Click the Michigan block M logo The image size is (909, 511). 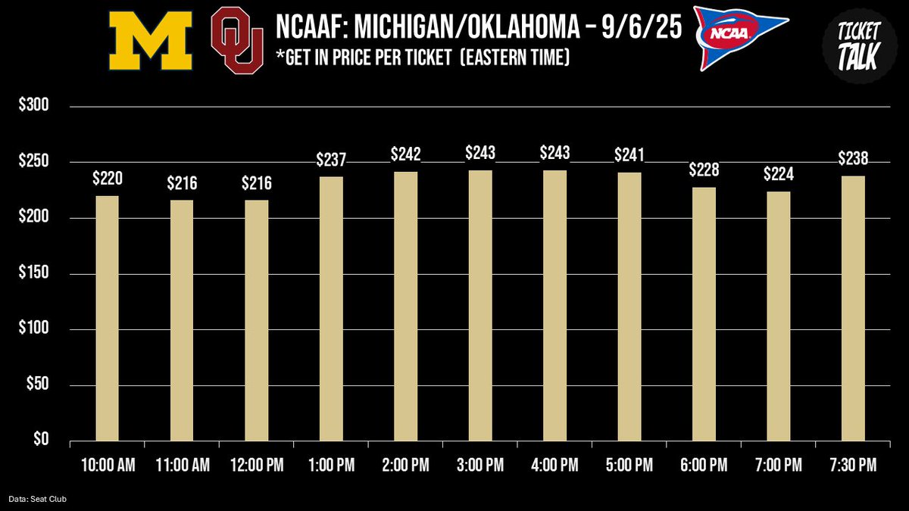150,42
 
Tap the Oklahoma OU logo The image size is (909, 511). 237,42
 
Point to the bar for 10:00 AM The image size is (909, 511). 107,318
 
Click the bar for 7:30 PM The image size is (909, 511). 853,309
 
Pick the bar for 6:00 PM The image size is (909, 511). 704,314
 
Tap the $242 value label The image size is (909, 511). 405,154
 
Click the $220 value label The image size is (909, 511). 107,179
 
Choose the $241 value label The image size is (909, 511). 629,155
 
